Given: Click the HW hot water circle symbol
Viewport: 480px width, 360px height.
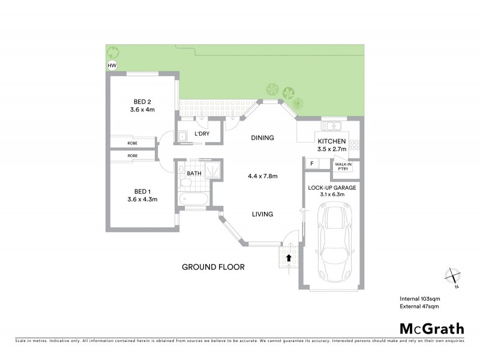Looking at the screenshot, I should tap(112, 65).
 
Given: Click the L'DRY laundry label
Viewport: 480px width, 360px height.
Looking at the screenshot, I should tap(201, 134).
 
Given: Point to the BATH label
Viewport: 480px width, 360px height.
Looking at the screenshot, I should tap(194, 173).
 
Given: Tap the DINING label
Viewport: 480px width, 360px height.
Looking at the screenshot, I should tap(262, 138).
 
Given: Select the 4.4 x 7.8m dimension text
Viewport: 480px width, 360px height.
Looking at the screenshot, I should tap(262, 176).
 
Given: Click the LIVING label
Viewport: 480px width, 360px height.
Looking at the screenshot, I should tap(262, 214).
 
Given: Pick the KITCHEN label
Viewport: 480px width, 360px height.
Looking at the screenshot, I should tap(332, 142).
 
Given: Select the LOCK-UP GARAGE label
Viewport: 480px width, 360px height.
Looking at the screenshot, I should tap(331, 188).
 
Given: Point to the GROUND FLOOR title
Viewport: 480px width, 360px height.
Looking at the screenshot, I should tap(213, 266).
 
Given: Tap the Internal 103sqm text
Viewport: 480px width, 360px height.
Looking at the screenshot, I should tap(420, 298).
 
